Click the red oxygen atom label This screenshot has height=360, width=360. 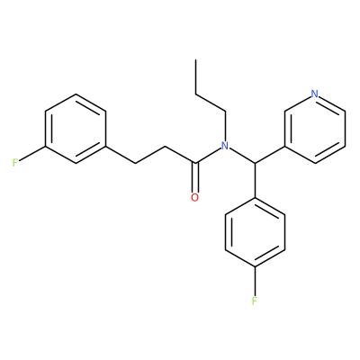[195, 198]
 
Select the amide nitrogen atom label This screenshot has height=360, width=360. [225, 146]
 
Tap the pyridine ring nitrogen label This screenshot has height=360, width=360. [314, 94]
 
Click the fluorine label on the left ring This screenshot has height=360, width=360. [15, 163]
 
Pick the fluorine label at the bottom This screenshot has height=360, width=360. [255, 301]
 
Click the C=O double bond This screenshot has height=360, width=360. [195, 177]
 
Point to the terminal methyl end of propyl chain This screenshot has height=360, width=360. [195, 59]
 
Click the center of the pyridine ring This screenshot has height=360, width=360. [315, 129]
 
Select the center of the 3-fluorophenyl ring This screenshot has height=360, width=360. [76, 129]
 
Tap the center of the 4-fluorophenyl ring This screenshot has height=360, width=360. [255, 232]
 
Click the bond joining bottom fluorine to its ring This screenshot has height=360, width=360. [255, 281]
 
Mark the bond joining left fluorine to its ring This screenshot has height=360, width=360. [32, 154]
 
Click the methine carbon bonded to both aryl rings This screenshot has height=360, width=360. [255, 163]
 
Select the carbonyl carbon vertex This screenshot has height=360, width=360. [195, 163]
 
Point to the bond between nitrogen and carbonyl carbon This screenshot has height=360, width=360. [208, 156]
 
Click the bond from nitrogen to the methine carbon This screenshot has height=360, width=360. [242, 156]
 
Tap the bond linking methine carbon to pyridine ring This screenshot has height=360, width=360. [270, 155]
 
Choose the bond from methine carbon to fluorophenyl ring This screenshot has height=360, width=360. [255, 180]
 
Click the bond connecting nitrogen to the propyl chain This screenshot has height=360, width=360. [225, 126]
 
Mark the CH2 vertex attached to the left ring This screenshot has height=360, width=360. [136, 163]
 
